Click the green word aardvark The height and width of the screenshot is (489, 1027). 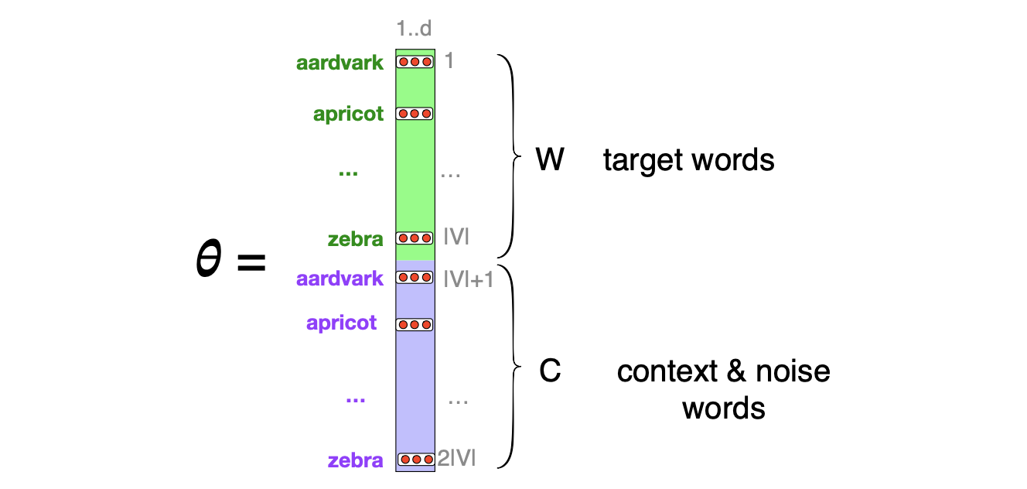click(339, 63)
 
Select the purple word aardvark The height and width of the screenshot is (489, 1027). click(339, 279)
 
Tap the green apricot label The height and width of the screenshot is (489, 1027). click(348, 115)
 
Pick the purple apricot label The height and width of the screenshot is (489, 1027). click(342, 323)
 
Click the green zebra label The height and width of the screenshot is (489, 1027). click(355, 239)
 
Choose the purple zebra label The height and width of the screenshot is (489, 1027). click(355, 461)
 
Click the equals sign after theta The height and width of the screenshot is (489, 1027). click(251, 263)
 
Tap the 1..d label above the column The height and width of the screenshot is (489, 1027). click(413, 29)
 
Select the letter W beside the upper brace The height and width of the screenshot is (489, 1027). click(550, 160)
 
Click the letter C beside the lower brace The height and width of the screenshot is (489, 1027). click(550, 372)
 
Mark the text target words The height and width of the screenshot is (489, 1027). click(688, 160)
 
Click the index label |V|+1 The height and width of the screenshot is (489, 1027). click(469, 279)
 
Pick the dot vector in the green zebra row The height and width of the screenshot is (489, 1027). click(415, 238)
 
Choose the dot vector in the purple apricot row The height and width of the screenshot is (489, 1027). click(415, 325)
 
